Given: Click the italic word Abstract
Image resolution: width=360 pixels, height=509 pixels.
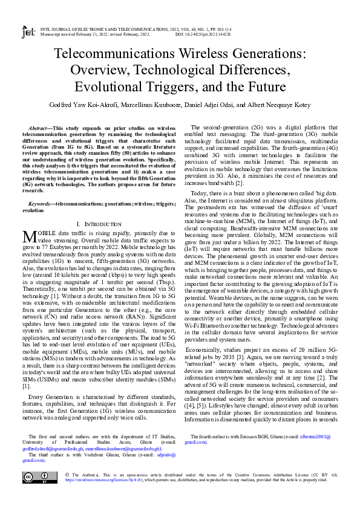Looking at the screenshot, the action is pos(40,129).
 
